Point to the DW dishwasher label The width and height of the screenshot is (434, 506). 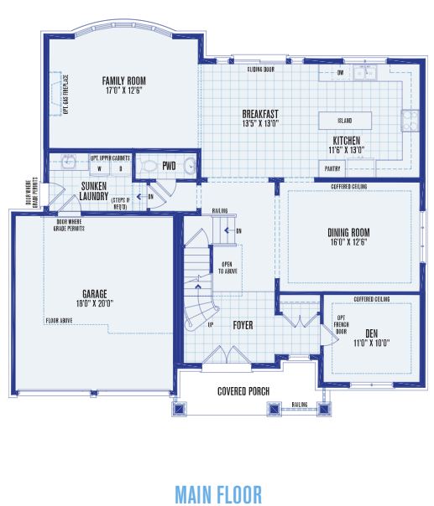click(x=341, y=73)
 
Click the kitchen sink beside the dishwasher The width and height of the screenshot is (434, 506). click(x=365, y=74)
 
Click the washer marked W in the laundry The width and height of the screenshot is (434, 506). click(x=98, y=168)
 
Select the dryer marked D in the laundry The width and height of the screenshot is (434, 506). click(x=119, y=168)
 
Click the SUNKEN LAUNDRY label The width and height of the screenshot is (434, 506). click(x=94, y=191)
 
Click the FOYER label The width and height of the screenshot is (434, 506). click(x=243, y=325)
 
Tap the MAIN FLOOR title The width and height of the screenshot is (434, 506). click(x=218, y=493)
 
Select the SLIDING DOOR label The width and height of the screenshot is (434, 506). click(x=262, y=69)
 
